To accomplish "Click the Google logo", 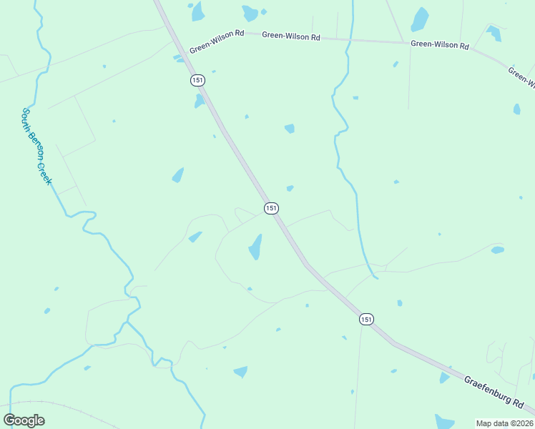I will click(x=24, y=420).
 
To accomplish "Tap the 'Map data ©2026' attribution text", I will click(x=504, y=423).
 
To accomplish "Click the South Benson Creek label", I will click(x=36, y=147).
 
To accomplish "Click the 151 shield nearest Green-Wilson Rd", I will click(x=197, y=80).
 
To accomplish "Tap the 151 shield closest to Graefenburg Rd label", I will click(x=366, y=320).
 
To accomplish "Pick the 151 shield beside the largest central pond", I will click(x=270, y=208).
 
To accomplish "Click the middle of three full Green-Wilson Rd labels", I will click(x=290, y=36).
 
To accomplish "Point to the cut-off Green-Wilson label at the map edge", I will click(x=521, y=77).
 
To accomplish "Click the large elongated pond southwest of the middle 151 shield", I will click(x=255, y=247).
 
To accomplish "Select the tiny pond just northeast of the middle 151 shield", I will click(x=290, y=189).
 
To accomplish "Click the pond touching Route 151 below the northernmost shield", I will click(x=200, y=101).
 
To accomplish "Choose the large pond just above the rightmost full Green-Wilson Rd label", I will click(x=420, y=19).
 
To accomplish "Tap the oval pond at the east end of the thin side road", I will click(x=497, y=250).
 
